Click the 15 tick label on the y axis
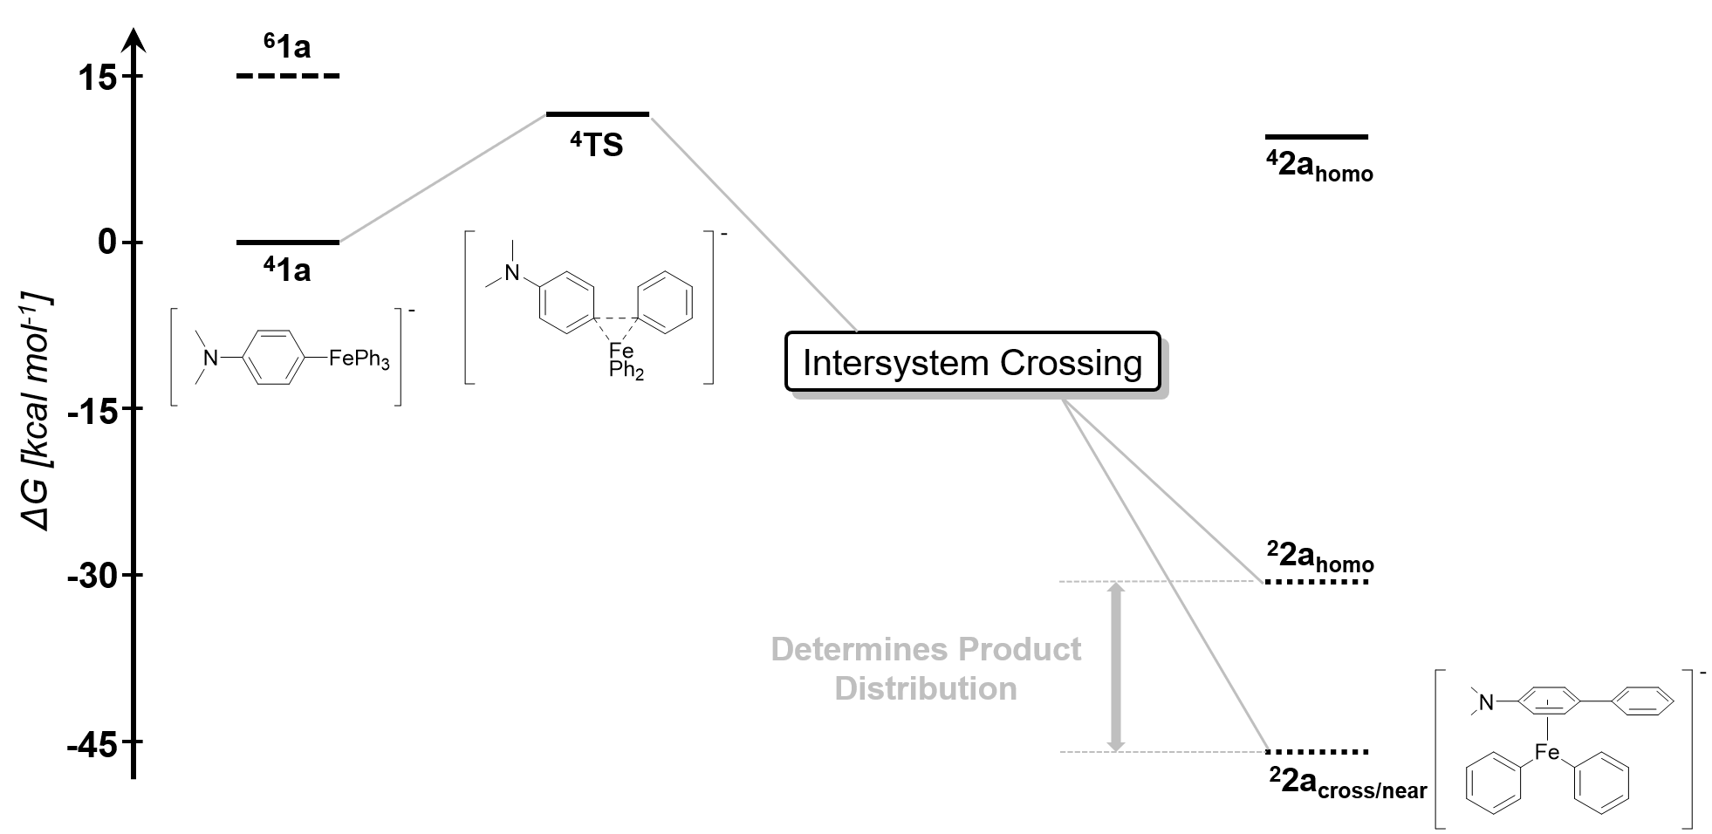(97, 78)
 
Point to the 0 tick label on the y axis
(107, 243)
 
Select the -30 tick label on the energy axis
(91, 576)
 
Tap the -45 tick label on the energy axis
(91, 742)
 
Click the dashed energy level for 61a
(288, 77)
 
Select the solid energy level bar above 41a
(288, 243)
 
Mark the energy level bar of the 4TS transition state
(598, 114)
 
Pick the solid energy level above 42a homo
(1317, 137)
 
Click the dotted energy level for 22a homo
(1317, 581)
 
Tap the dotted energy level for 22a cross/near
(1317, 751)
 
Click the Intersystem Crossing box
(972, 361)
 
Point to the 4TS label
(597, 145)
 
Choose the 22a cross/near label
(1347, 783)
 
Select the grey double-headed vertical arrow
(1116, 667)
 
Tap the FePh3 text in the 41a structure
(359, 359)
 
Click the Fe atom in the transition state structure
(621, 351)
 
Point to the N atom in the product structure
(1487, 701)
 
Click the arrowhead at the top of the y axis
(133, 39)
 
